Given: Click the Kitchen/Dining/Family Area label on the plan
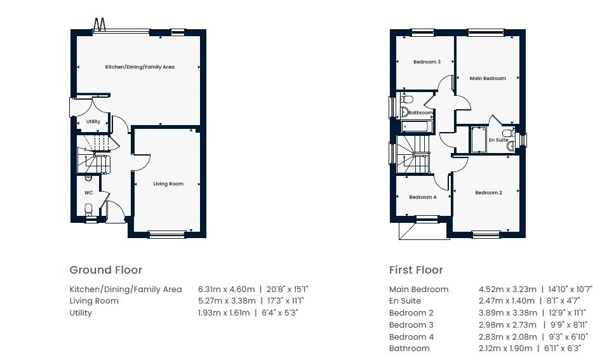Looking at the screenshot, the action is pyautogui.click(x=140, y=67).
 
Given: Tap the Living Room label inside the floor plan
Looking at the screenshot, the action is pyautogui.click(x=168, y=183).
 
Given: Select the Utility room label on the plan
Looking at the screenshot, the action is pyautogui.click(x=93, y=121).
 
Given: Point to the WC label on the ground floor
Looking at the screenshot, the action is pyautogui.click(x=89, y=193).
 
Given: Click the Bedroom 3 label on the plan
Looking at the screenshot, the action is pyautogui.click(x=427, y=62).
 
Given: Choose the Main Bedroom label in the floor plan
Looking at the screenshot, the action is pyautogui.click(x=488, y=78).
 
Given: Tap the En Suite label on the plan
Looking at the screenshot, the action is pyautogui.click(x=498, y=140).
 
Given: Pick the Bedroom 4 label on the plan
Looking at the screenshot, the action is pyautogui.click(x=422, y=197).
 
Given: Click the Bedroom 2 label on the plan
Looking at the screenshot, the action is pyautogui.click(x=488, y=193).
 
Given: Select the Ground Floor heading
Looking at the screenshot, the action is pyautogui.click(x=106, y=270).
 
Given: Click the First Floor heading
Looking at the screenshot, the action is pyautogui.click(x=416, y=270).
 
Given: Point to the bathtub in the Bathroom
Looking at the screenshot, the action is pyautogui.click(x=417, y=126).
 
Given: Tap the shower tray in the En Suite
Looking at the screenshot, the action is pyautogui.click(x=477, y=139).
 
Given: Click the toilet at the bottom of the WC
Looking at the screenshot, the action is pyautogui.click(x=88, y=209).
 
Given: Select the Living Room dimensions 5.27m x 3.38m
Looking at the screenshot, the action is pyautogui.click(x=227, y=301).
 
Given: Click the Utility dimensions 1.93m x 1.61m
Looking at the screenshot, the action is pyautogui.click(x=224, y=312).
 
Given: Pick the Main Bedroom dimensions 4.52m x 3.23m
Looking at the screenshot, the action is pyautogui.click(x=507, y=290).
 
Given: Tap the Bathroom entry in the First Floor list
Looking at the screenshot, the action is pyautogui.click(x=409, y=348).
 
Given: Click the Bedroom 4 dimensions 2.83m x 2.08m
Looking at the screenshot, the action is pyautogui.click(x=507, y=337).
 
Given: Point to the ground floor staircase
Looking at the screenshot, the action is pyautogui.click(x=94, y=154).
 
